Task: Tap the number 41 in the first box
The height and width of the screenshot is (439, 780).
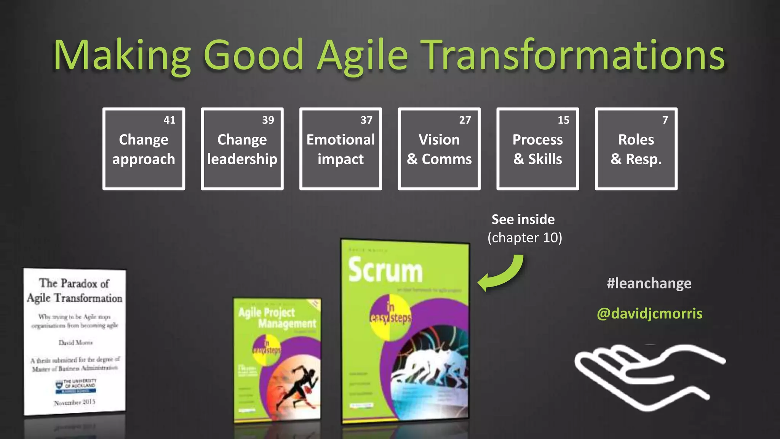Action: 169,120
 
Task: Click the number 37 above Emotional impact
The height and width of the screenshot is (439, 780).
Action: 366,120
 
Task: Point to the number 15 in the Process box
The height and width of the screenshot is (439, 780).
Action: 563,120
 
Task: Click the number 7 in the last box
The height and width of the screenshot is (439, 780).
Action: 665,120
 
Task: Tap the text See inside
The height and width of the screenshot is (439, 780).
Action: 523,219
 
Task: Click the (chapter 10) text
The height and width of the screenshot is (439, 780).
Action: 524,238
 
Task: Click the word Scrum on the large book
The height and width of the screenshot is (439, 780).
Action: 385,270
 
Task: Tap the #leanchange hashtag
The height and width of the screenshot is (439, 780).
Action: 649,284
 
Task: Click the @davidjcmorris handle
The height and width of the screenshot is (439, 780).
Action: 649,314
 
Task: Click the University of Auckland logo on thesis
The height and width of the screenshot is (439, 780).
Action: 75,385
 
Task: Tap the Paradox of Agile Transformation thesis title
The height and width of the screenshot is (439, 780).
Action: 75,290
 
